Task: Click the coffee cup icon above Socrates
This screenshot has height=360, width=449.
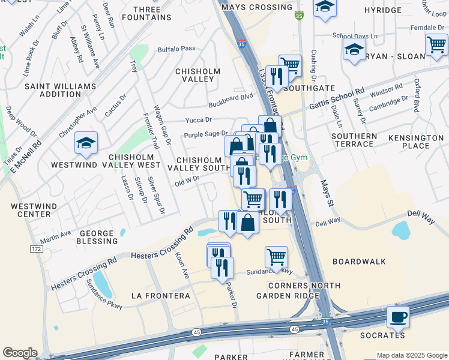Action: (x=397, y=316)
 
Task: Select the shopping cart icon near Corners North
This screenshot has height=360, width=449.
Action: (x=276, y=257)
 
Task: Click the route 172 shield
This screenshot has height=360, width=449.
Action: (x=37, y=248)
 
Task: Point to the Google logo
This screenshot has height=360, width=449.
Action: (x=20, y=353)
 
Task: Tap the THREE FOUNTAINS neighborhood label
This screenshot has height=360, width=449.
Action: (x=147, y=13)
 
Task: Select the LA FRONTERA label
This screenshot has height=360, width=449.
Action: (x=161, y=296)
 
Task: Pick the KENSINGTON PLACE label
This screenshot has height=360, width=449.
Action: (x=415, y=142)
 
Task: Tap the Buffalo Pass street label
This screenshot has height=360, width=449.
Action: (x=176, y=49)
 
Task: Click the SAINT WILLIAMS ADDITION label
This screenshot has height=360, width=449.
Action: (x=52, y=90)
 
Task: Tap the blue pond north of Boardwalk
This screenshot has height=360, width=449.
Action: (x=400, y=230)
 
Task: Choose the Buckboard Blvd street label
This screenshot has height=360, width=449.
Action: (x=231, y=98)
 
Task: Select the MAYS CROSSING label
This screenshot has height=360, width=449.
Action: (x=256, y=7)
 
